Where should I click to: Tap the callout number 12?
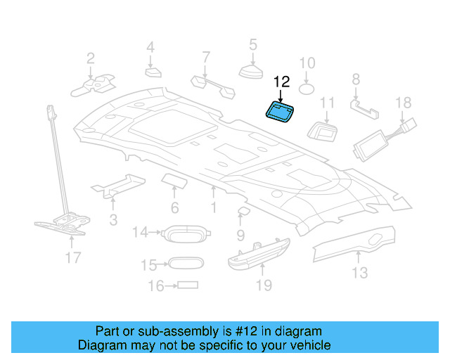coord(281,82)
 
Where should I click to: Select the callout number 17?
coord(72,258)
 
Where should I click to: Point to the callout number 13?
coord(359,273)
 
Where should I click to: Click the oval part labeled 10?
coord(307,89)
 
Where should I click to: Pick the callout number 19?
coord(263,285)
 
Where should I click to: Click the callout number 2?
coord(91,58)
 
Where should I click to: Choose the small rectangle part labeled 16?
coord(187,285)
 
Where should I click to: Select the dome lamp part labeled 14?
coord(184,233)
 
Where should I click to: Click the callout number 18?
coord(403,103)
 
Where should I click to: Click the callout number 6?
coord(174,207)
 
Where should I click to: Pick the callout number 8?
coord(356,79)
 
